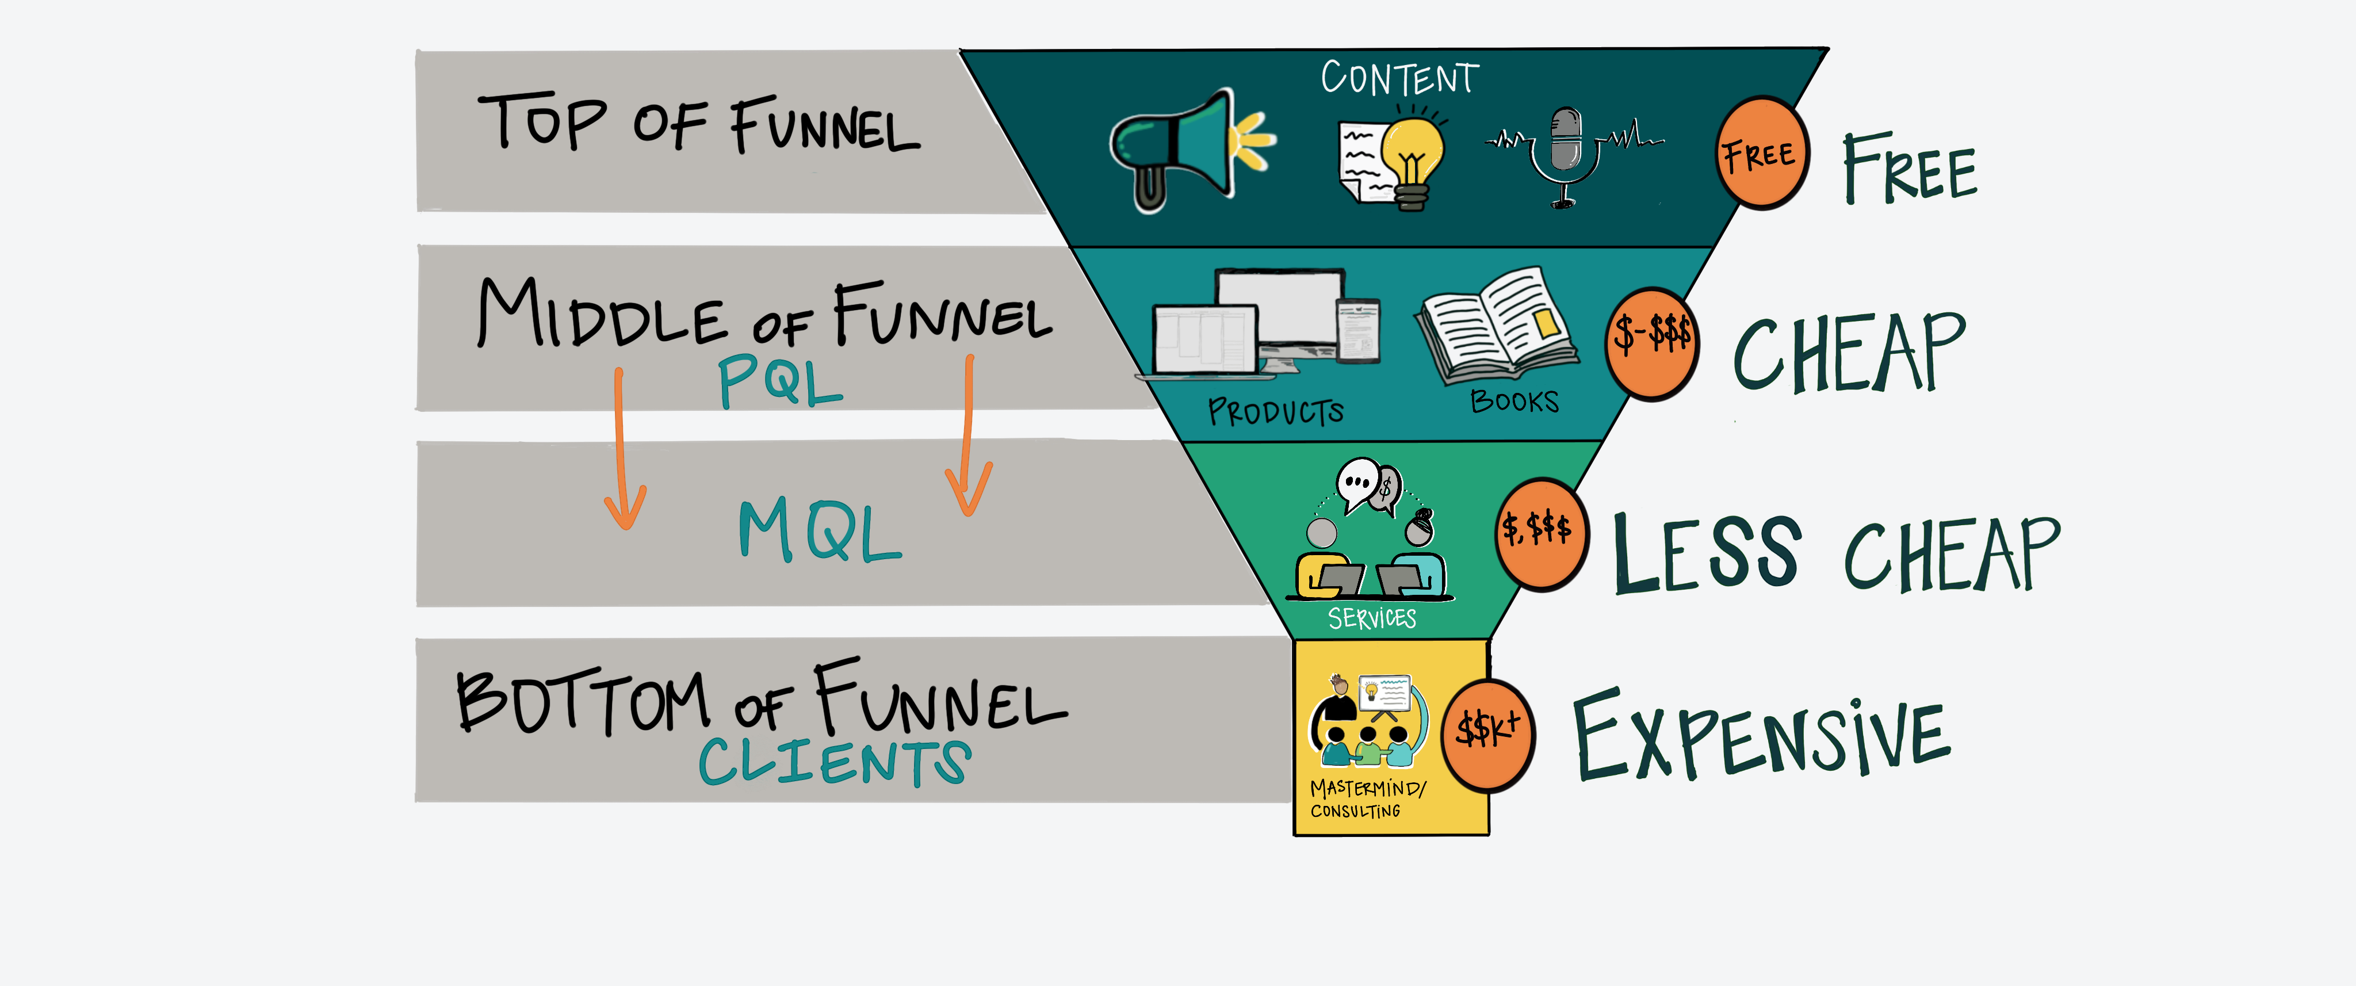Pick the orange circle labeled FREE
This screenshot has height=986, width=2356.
pos(1761,154)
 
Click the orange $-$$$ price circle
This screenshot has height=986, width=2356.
pos(1652,343)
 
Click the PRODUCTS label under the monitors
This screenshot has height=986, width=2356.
pos(1276,411)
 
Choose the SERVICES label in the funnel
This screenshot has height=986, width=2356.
pos(1372,618)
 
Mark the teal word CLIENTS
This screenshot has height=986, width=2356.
pos(834,761)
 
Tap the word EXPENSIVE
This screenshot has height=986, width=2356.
pos(1761,736)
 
